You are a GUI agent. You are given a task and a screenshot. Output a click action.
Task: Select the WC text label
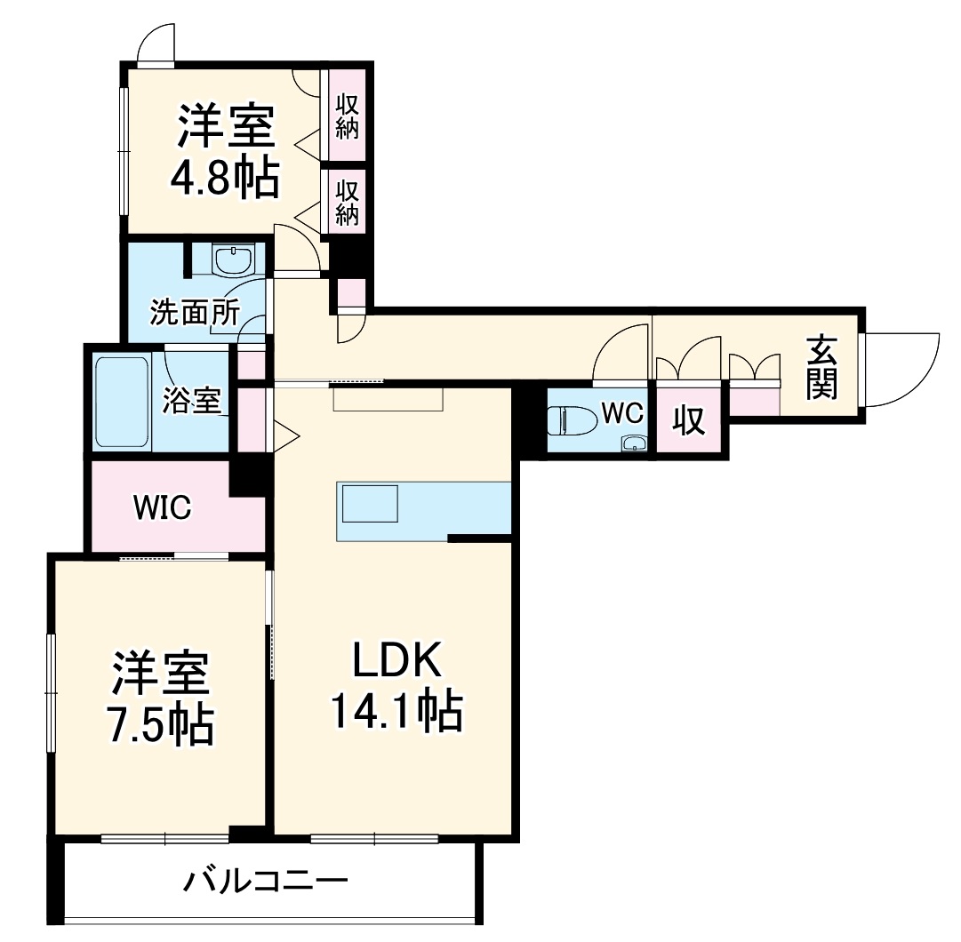tap(621, 412)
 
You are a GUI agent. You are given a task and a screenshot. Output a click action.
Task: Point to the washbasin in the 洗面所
tap(235, 261)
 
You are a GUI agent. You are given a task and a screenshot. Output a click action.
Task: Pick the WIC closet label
tap(162, 507)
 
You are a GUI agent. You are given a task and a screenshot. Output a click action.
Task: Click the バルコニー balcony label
tap(266, 882)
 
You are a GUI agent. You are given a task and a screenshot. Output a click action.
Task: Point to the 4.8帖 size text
tap(225, 180)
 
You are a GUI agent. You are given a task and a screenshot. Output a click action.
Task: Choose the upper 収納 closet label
tap(347, 116)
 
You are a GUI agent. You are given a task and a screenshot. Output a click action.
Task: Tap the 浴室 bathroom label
tap(190, 401)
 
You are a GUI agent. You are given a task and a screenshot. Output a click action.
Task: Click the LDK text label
tap(396, 659)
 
